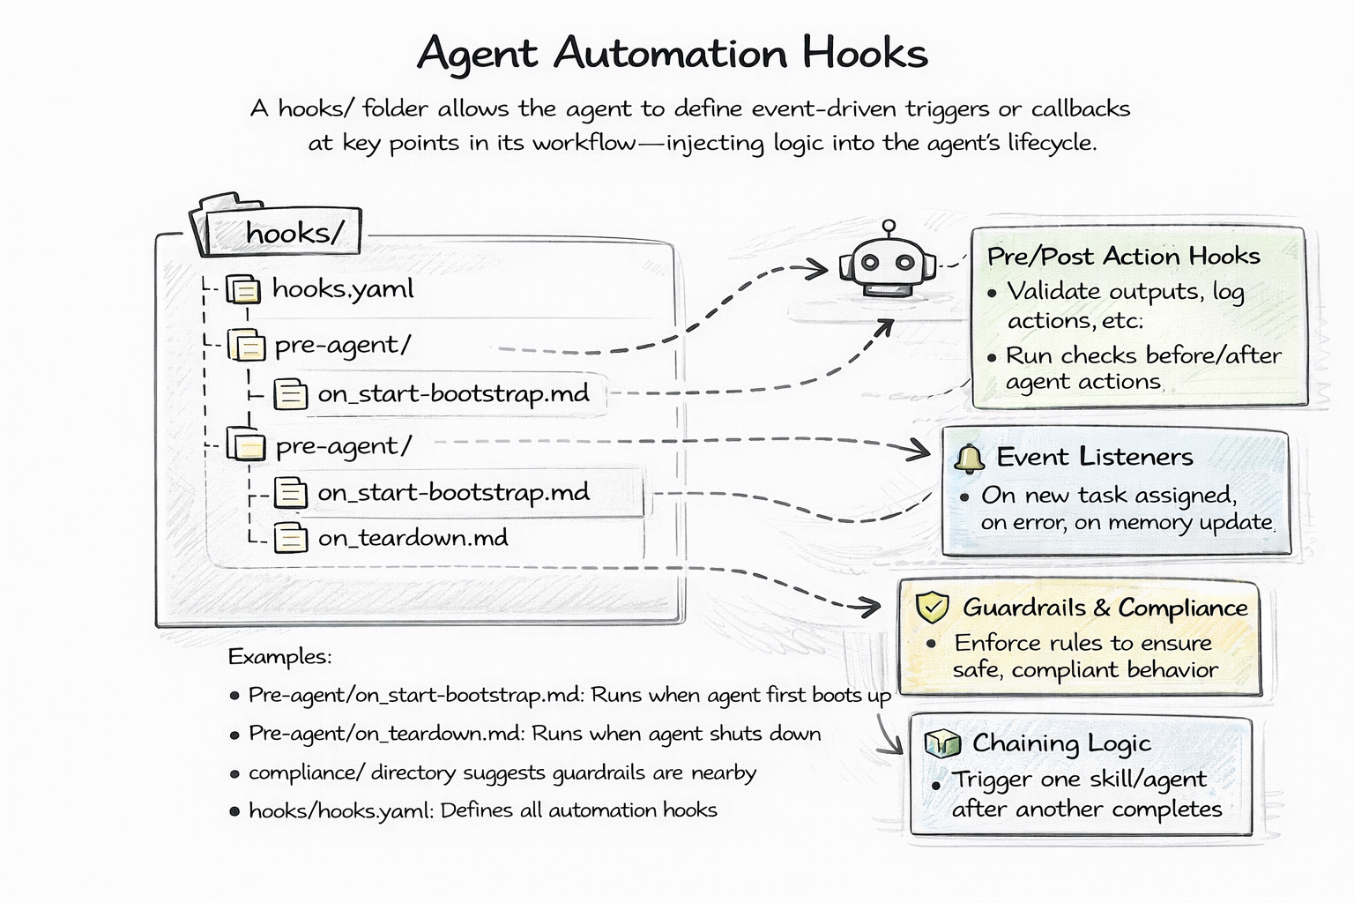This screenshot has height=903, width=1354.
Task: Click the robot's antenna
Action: (x=889, y=228)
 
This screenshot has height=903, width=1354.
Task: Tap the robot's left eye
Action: (x=869, y=262)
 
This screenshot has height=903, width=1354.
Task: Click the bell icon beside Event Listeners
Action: (x=969, y=459)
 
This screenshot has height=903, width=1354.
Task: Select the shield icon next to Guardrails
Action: (x=932, y=608)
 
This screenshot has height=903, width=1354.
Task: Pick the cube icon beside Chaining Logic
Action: (x=941, y=743)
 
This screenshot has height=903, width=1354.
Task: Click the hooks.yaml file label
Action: (x=342, y=289)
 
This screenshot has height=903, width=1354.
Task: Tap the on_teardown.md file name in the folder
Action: (x=413, y=538)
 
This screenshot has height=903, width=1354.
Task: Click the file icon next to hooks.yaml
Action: (x=243, y=289)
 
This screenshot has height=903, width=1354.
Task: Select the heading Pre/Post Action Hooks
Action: (x=1123, y=257)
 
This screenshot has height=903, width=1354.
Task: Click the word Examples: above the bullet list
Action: (x=279, y=657)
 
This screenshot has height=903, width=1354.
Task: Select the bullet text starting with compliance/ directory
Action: (x=502, y=773)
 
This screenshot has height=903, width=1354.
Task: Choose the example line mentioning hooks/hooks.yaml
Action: (x=482, y=810)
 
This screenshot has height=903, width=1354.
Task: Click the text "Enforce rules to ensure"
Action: (x=1082, y=643)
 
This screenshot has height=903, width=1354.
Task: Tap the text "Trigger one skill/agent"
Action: (x=1079, y=780)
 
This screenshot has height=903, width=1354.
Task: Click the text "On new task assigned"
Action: (x=1108, y=496)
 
